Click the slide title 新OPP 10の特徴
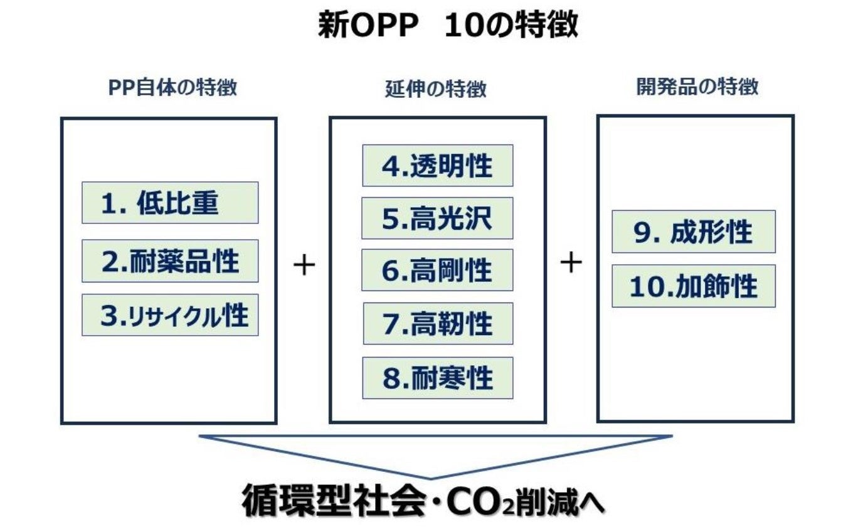(x=447, y=26)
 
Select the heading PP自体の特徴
(x=172, y=87)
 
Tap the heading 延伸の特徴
(x=435, y=89)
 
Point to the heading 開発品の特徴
(x=697, y=87)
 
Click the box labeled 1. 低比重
(x=170, y=203)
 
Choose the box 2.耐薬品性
(x=170, y=260)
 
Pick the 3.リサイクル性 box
(x=170, y=315)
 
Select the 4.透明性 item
(x=437, y=166)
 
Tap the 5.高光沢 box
(x=437, y=218)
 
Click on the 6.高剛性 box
(x=437, y=270)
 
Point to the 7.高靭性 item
(x=437, y=323)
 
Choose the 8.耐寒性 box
(x=437, y=378)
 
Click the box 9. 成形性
(x=693, y=232)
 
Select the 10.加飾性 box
(x=693, y=286)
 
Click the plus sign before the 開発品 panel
(x=571, y=262)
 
